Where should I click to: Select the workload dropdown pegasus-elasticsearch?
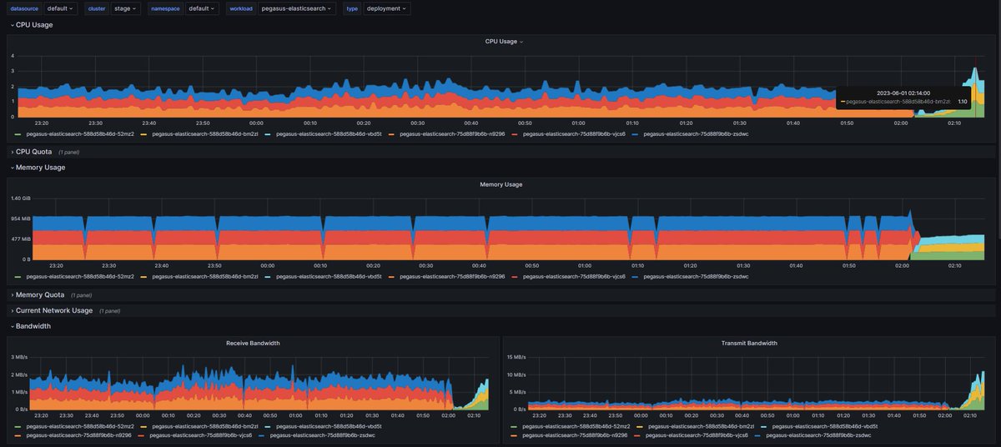[298, 8]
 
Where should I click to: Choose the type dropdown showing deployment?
[387, 8]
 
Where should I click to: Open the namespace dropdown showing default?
[202, 8]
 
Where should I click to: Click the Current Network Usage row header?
[53, 310]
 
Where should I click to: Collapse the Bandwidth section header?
[33, 326]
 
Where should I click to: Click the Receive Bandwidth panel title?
[253, 343]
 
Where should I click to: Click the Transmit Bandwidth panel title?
[748, 343]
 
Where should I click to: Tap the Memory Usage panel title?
[500, 184]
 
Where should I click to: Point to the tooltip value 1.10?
[962, 102]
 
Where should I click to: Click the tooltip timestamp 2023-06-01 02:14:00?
[903, 93]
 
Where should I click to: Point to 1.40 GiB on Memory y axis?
[21, 198]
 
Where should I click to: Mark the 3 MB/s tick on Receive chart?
[19, 357]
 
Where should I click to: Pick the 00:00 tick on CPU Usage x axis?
[256, 123]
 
